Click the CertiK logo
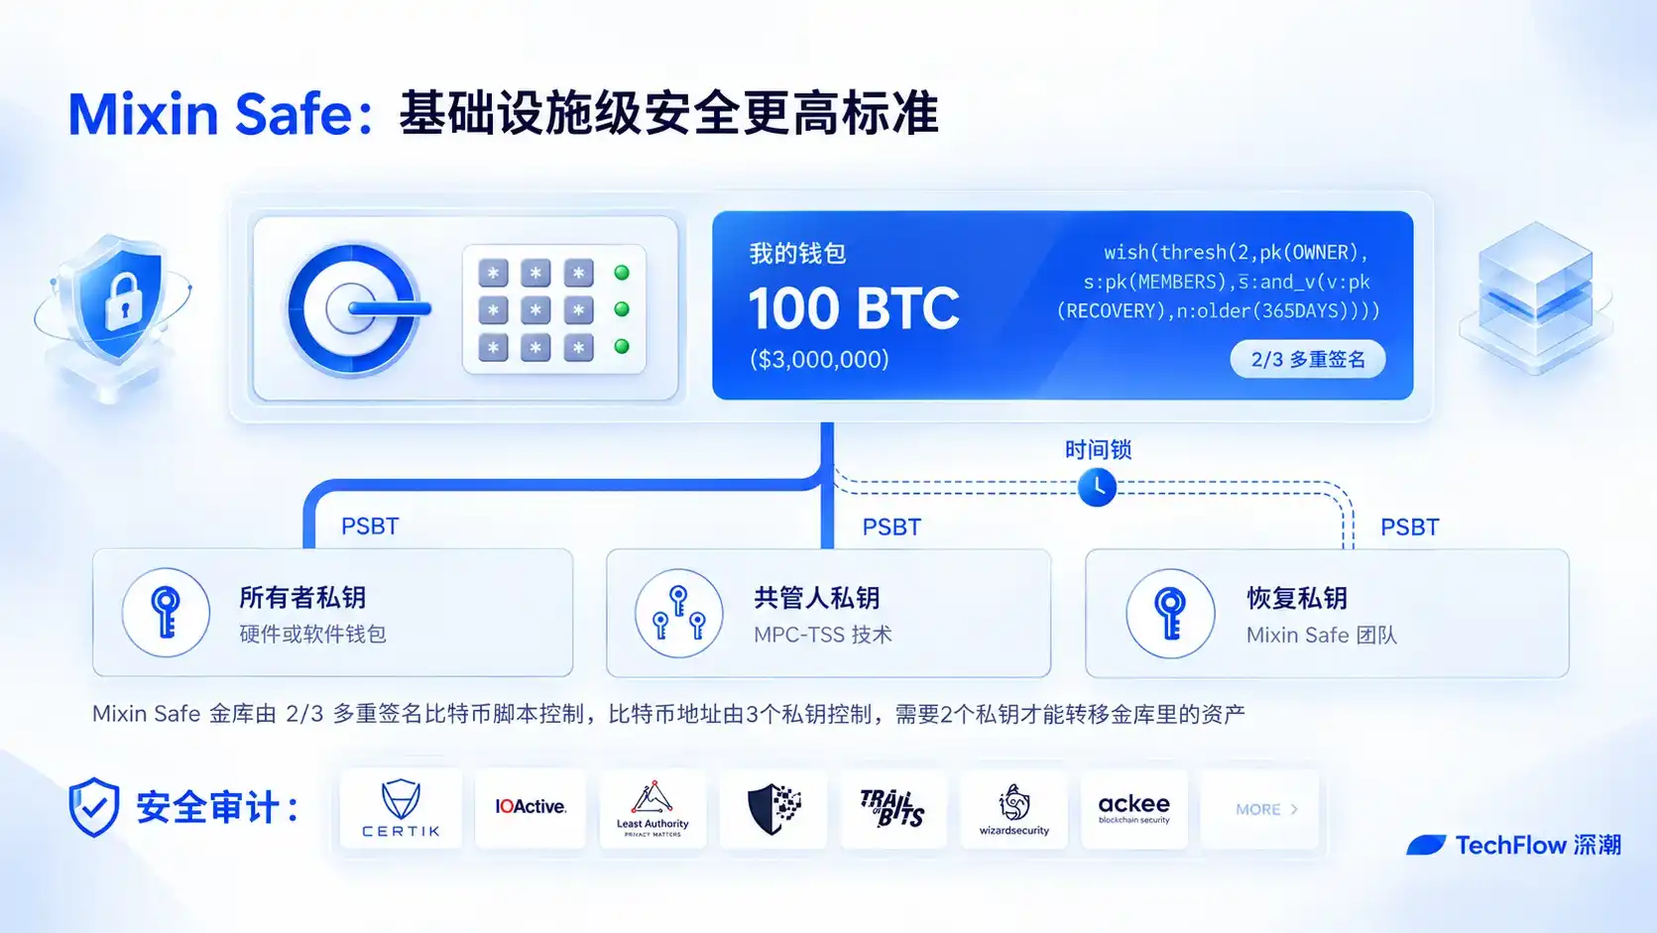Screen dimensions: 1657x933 401,808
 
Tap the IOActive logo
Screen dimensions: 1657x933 531,806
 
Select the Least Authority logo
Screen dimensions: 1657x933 652,808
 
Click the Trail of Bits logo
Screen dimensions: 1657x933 892,808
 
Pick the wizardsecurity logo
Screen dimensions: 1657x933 1014,809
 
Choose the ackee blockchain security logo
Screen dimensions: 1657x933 1134,808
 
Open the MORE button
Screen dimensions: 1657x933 1266,809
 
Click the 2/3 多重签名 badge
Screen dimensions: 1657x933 1308,360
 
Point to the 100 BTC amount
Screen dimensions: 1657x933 854,308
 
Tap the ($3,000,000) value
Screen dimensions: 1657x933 819,360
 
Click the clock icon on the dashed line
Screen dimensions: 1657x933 1097,487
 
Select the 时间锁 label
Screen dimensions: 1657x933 1098,449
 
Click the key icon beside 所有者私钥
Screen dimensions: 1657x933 166,612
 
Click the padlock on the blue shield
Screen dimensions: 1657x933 124,301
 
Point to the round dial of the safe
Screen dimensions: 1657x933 353,309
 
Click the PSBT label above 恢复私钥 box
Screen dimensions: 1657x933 1410,527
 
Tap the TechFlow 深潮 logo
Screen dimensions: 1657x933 1513,845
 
